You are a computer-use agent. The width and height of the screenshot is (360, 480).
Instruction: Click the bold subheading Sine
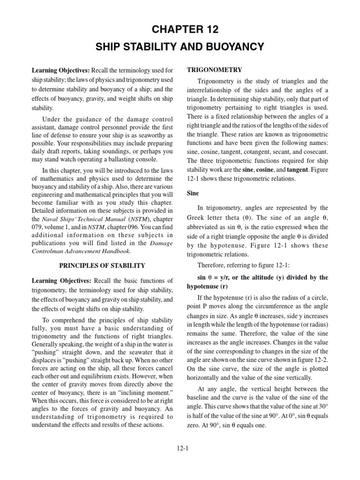[193, 193]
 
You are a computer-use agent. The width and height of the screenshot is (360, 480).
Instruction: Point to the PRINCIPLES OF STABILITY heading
[102, 266]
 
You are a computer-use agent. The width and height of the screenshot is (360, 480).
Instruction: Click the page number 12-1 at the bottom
[180, 448]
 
